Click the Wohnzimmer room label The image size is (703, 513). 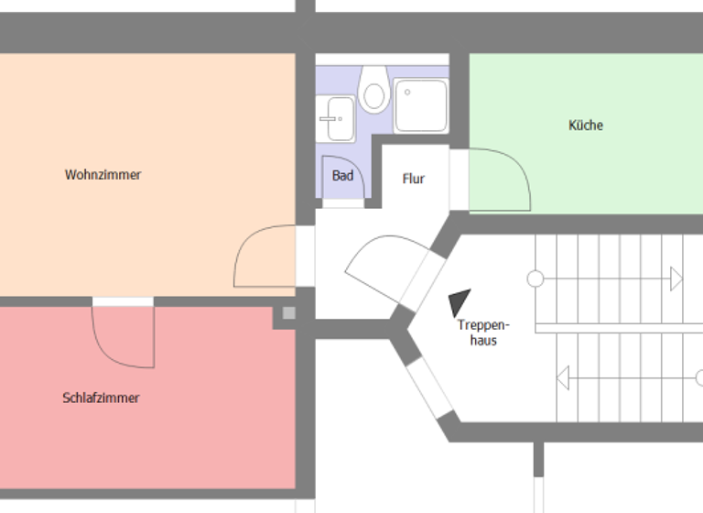[103, 174]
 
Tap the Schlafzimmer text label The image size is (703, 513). [101, 398]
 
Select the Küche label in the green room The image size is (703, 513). [586, 126]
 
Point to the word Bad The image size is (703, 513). [342, 175]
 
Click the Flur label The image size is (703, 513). [414, 179]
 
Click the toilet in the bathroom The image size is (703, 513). [373, 89]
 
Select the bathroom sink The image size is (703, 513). [337, 119]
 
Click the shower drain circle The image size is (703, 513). [407, 92]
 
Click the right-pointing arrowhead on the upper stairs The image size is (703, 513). [676, 278]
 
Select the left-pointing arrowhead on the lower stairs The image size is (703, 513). [563, 376]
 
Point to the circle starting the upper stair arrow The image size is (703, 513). [535, 278]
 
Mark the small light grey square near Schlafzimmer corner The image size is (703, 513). [289, 314]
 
